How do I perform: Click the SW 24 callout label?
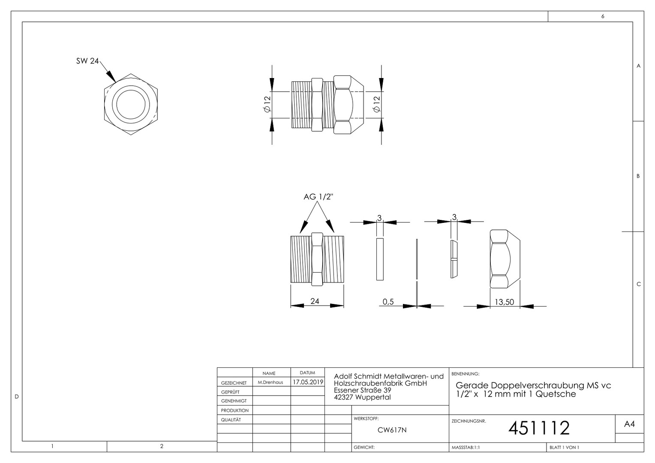87,61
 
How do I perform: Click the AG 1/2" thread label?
318,197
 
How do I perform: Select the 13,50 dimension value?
504,302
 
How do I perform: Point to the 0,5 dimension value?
388,301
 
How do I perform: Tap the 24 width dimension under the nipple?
315,301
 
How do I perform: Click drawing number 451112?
539,428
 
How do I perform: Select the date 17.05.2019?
308,382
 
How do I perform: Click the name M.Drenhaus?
270,382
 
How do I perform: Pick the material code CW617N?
392,430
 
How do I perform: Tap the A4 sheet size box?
630,424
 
